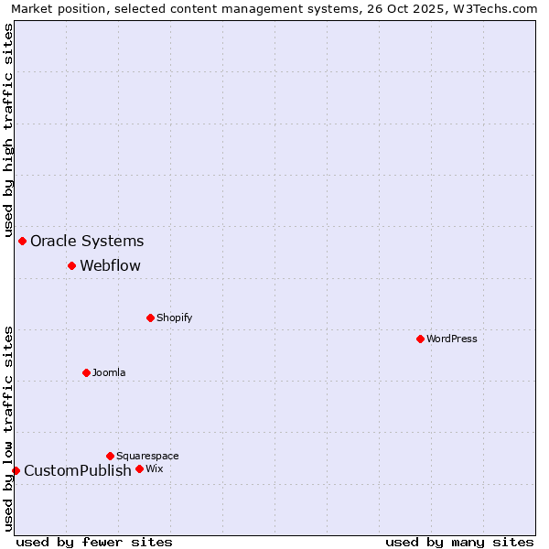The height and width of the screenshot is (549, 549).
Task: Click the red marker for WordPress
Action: (420, 339)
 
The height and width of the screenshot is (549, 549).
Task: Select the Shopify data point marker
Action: (151, 318)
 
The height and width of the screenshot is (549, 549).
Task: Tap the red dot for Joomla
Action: (87, 372)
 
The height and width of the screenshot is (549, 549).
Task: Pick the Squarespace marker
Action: (111, 456)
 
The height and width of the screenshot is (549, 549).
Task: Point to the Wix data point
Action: (140, 468)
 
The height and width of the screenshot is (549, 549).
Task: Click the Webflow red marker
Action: (71, 266)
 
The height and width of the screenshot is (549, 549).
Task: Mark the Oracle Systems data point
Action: (23, 242)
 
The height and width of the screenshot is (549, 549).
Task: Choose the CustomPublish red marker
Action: (16, 470)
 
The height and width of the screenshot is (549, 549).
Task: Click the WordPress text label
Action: (452, 339)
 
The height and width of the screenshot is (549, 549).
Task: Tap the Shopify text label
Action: (175, 318)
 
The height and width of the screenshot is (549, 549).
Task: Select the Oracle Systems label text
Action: (87, 242)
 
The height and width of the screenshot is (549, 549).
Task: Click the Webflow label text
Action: (111, 266)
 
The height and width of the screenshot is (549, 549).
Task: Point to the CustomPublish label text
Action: (78, 471)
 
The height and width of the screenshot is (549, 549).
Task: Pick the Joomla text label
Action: (109, 372)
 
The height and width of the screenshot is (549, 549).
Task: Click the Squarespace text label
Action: (147, 456)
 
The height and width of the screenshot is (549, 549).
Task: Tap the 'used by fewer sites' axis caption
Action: (94, 542)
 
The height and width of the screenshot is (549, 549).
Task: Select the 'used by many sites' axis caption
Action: (459, 542)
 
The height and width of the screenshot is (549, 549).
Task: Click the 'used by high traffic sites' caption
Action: (9, 130)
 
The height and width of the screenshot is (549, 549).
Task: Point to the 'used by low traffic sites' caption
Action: (9, 428)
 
